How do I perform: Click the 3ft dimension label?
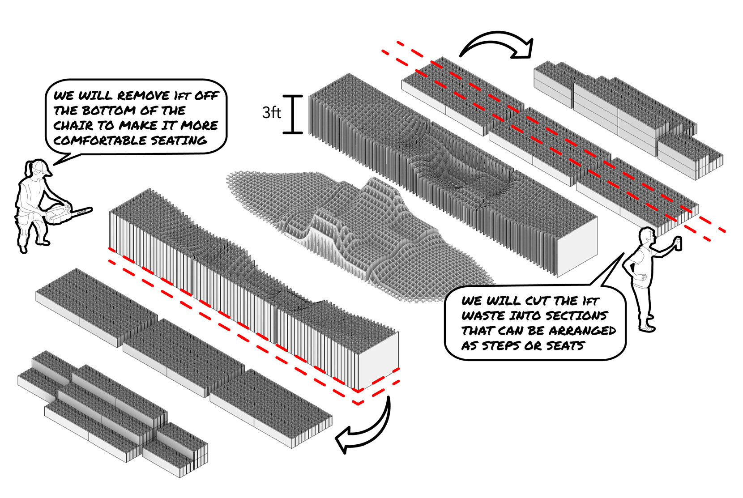[x=271, y=112]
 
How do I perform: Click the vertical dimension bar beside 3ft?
[x=293, y=115]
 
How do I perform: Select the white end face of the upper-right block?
[x=577, y=246]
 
